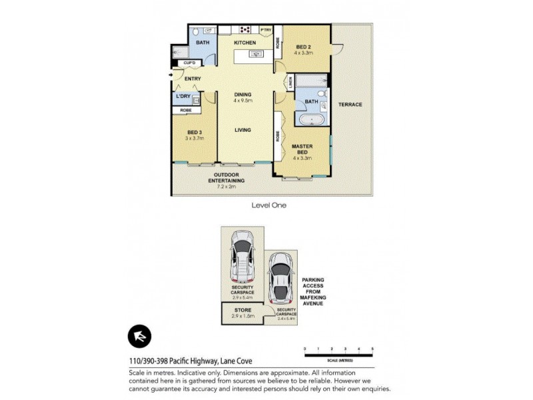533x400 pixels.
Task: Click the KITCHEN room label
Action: click(x=245, y=43)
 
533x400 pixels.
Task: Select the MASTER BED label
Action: click(x=302, y=149)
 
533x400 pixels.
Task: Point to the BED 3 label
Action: click(x=195, y=133)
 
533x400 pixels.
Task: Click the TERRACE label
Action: click(x=349, y=105)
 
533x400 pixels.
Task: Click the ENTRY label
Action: click(x=193, y=79)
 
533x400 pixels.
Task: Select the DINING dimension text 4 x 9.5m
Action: click(x=243, y=101)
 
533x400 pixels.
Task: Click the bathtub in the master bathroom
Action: click(x=311, y=121)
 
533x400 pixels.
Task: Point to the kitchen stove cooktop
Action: click(x=245, y=29)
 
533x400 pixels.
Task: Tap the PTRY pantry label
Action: click(x=265, y=30)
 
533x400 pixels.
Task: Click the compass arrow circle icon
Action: click(x=139, y=336)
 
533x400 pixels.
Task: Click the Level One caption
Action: click(x=268, y=205)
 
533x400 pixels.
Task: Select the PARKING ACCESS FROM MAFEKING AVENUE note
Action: click(x=312, y=291)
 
